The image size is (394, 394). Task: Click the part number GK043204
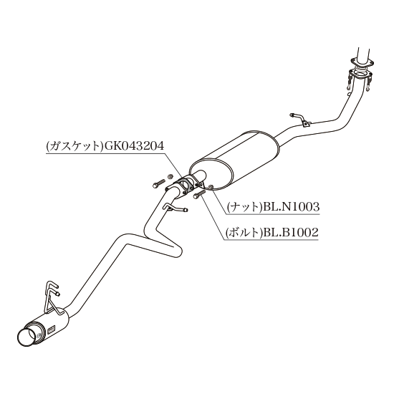point(134,145)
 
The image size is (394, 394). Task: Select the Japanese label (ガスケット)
point(75,146)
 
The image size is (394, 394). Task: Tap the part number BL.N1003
point(291,207)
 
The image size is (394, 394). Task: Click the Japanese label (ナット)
point(244,207)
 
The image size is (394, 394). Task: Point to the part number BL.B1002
point(290,232)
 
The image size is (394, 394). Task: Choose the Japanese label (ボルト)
point(244,233)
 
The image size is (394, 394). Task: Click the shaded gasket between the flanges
point(186,186)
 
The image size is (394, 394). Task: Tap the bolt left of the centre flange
point(159,183)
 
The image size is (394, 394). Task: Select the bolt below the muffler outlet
point(200,193)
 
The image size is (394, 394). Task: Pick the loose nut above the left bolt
point(170,176)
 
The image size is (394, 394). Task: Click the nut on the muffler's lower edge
point(211,187)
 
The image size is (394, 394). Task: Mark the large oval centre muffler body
point(234,160)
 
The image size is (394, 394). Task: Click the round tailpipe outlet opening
point(28,337)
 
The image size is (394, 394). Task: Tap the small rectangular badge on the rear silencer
point(51,330)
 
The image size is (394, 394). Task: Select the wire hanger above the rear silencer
point(52,299)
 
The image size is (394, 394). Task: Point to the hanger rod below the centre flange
point(175,208)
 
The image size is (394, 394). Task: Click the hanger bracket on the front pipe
point(302,120)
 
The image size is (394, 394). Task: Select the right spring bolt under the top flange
point(369,82)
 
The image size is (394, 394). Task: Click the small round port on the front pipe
point(349,95)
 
